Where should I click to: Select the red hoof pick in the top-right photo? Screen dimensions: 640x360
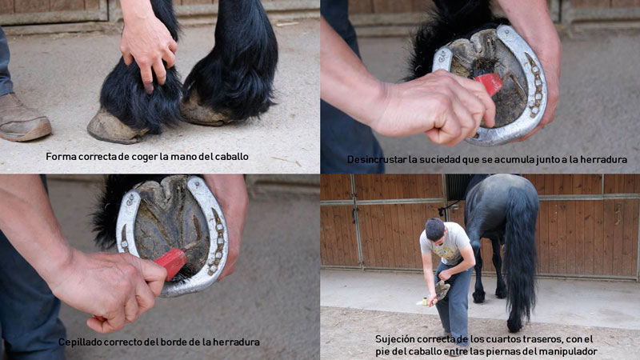[490, 83]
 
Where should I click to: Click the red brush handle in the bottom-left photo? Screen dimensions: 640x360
[171, 262]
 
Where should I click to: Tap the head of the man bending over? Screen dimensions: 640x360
[434, 230]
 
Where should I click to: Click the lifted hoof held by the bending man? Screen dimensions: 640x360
[442, 290]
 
